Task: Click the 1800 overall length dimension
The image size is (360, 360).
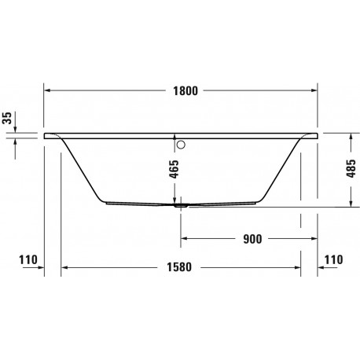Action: (x=186, y=91)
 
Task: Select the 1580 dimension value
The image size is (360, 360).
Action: (x=179, y=267)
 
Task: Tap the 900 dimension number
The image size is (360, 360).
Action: (x=252, y=239)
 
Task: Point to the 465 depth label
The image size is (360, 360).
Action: (x=174, y=169)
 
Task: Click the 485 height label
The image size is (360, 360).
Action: (x=351, y=168)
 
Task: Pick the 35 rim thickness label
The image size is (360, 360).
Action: (x=7, y=118)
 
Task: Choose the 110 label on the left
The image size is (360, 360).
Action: (x=28, y=260)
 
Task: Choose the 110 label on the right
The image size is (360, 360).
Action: (x=333, y=259)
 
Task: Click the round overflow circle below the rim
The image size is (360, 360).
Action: (x=181, y=145)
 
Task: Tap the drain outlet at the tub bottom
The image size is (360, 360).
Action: (x=181, y=205)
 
